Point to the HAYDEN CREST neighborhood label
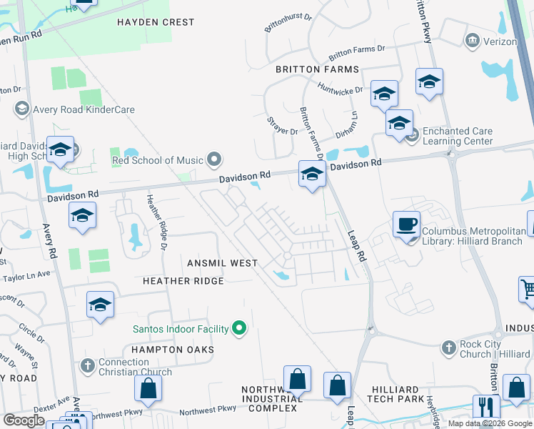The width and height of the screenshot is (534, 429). click(x=156, y=22)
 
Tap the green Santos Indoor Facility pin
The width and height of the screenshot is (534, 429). click(x=240, y=329)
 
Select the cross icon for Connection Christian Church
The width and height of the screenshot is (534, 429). click(x=87, y=365)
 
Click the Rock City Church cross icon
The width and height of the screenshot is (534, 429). click(x=448, y=347)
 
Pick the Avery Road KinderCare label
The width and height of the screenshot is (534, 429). click(x=84, y=109)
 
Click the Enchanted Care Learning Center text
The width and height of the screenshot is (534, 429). click(x=458, y=136)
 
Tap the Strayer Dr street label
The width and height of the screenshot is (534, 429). click(x=282, y=126)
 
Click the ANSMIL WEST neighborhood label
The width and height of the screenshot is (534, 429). click(x=223, y=263)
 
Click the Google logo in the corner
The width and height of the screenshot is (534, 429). click(x=24, y=420)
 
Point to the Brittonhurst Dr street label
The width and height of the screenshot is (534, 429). click(x=288, y=23)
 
